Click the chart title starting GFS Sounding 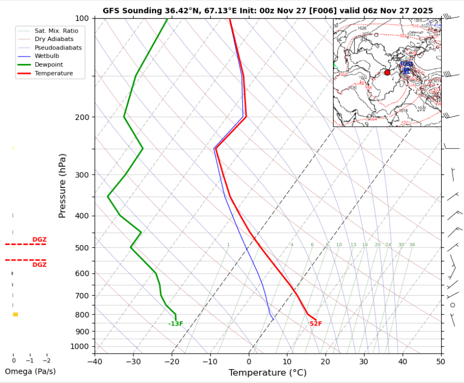[268, 11]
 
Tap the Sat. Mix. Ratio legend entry [56, 31]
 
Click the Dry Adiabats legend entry [54, 39]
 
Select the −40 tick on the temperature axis [95, 362]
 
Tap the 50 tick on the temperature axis [441, 362]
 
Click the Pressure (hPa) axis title [63, 185]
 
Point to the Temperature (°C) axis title [268, 373]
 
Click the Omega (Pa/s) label [30, 371]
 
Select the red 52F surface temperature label [316, 324]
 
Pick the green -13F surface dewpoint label [176, 324]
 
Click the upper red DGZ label [39, 240]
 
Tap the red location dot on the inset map [387, 72]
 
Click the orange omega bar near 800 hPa [15, 314]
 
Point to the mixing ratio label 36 [412, 245]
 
